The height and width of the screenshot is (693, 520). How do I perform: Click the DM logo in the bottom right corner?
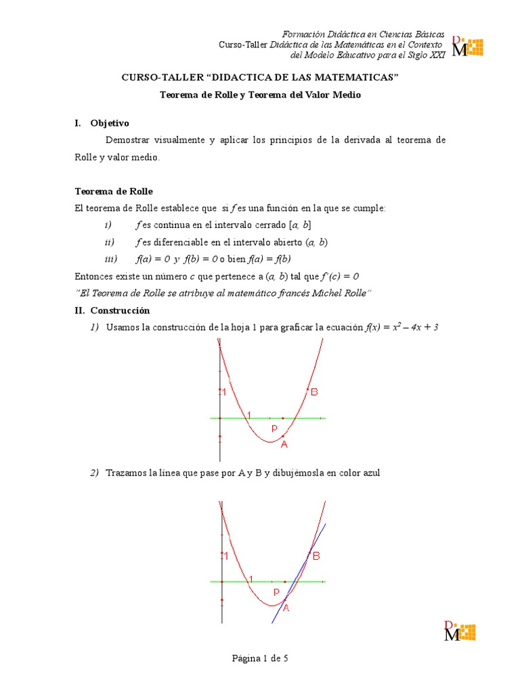coord(458,630)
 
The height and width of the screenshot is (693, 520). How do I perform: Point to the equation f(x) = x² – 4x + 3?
coord(402,328)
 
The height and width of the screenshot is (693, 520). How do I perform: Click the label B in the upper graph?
coord(314,392)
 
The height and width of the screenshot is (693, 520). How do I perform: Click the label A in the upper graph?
coord(284,445)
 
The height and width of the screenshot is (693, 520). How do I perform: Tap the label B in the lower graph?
coord(316,556)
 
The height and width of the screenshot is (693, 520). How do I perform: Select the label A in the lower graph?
coord(286,608)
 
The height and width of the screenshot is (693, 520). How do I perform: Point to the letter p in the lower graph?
coord(276,591)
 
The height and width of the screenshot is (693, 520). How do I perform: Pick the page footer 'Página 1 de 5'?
coord(260,658)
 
